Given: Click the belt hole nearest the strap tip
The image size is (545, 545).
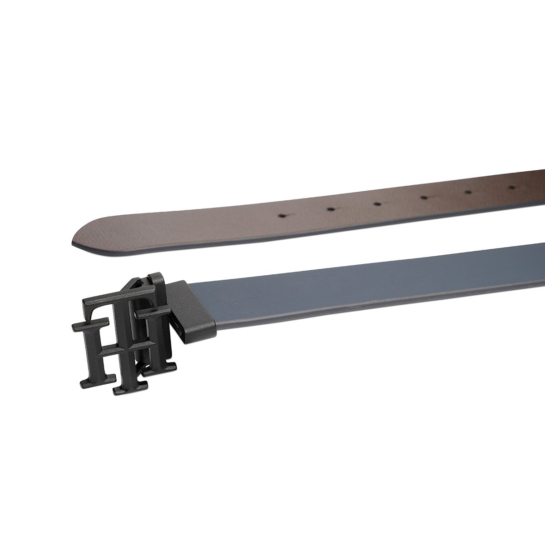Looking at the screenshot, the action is [282, 216].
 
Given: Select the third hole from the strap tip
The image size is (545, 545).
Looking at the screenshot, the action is [377, 203].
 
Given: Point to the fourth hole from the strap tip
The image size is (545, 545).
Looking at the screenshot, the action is [424, 198].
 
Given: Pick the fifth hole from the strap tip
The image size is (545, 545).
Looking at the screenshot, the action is [468, 192].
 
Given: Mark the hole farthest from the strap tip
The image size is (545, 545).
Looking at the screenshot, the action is [512, 187].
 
